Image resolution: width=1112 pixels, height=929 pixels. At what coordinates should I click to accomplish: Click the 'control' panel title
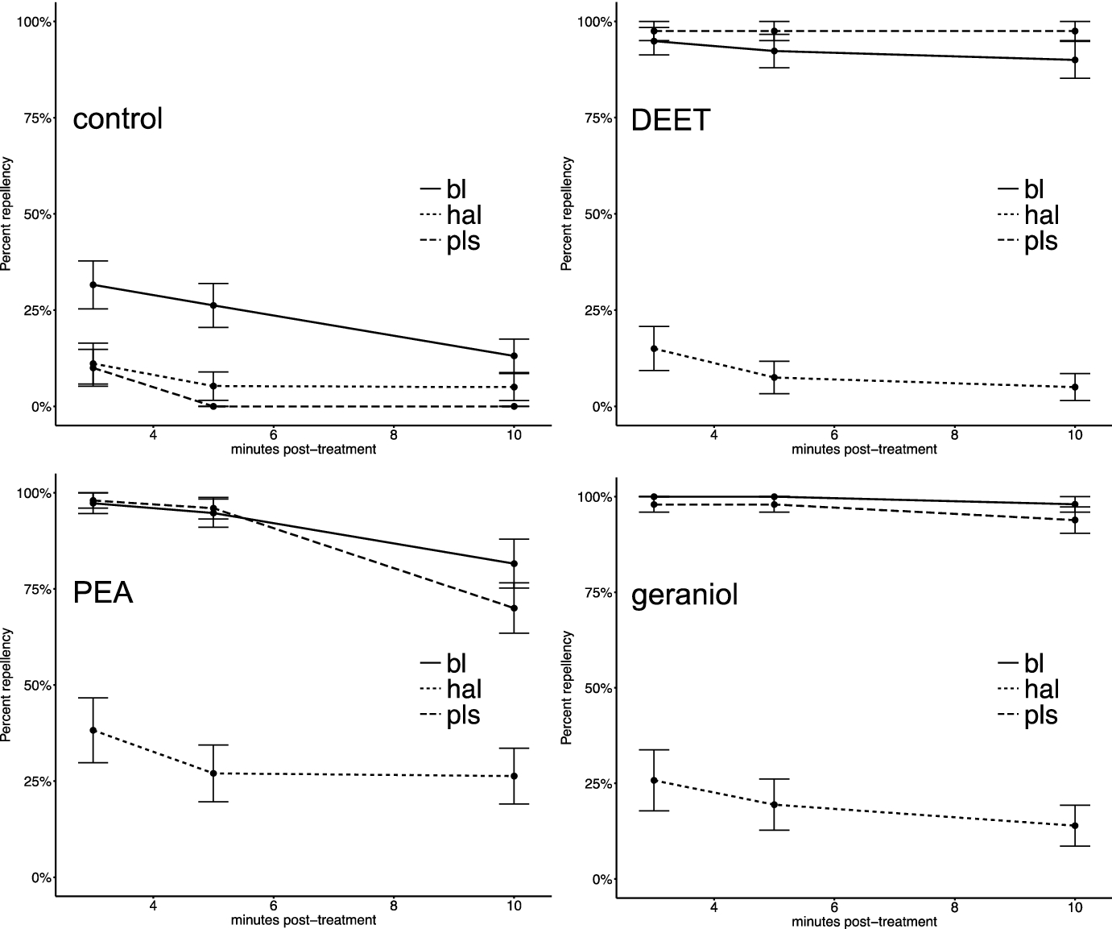pos(118,119)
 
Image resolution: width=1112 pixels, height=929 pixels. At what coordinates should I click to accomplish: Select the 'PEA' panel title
pos(103,593)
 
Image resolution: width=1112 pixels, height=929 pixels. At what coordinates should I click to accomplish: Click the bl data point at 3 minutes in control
pos(93,285)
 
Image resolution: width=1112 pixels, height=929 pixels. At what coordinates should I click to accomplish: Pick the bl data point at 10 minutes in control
pos(514,355)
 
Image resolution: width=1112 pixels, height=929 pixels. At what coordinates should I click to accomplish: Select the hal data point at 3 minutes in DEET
pos(654,349)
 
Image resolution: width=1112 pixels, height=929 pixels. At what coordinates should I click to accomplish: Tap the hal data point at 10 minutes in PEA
pos(514,776)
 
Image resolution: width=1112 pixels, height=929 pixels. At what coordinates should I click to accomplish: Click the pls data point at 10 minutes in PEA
pos(514,608)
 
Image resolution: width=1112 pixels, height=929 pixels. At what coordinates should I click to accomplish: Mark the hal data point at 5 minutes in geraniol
pos(775,804)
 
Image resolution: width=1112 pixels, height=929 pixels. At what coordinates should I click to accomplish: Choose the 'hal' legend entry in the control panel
pos(463,215)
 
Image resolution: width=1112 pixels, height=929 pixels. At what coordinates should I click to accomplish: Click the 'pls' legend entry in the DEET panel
pos(1040,242)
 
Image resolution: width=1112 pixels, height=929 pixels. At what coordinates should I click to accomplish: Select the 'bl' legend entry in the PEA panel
pos(456,663)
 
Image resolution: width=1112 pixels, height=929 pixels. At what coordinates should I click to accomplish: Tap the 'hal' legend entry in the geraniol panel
pos(1041,689)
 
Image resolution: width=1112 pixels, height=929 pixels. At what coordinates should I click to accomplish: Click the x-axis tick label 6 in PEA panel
pos(274,906)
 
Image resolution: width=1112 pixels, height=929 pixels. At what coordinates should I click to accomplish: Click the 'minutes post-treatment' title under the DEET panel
pos(864,450)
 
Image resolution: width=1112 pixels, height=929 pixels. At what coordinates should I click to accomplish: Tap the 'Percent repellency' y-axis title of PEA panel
pos(7,685)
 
